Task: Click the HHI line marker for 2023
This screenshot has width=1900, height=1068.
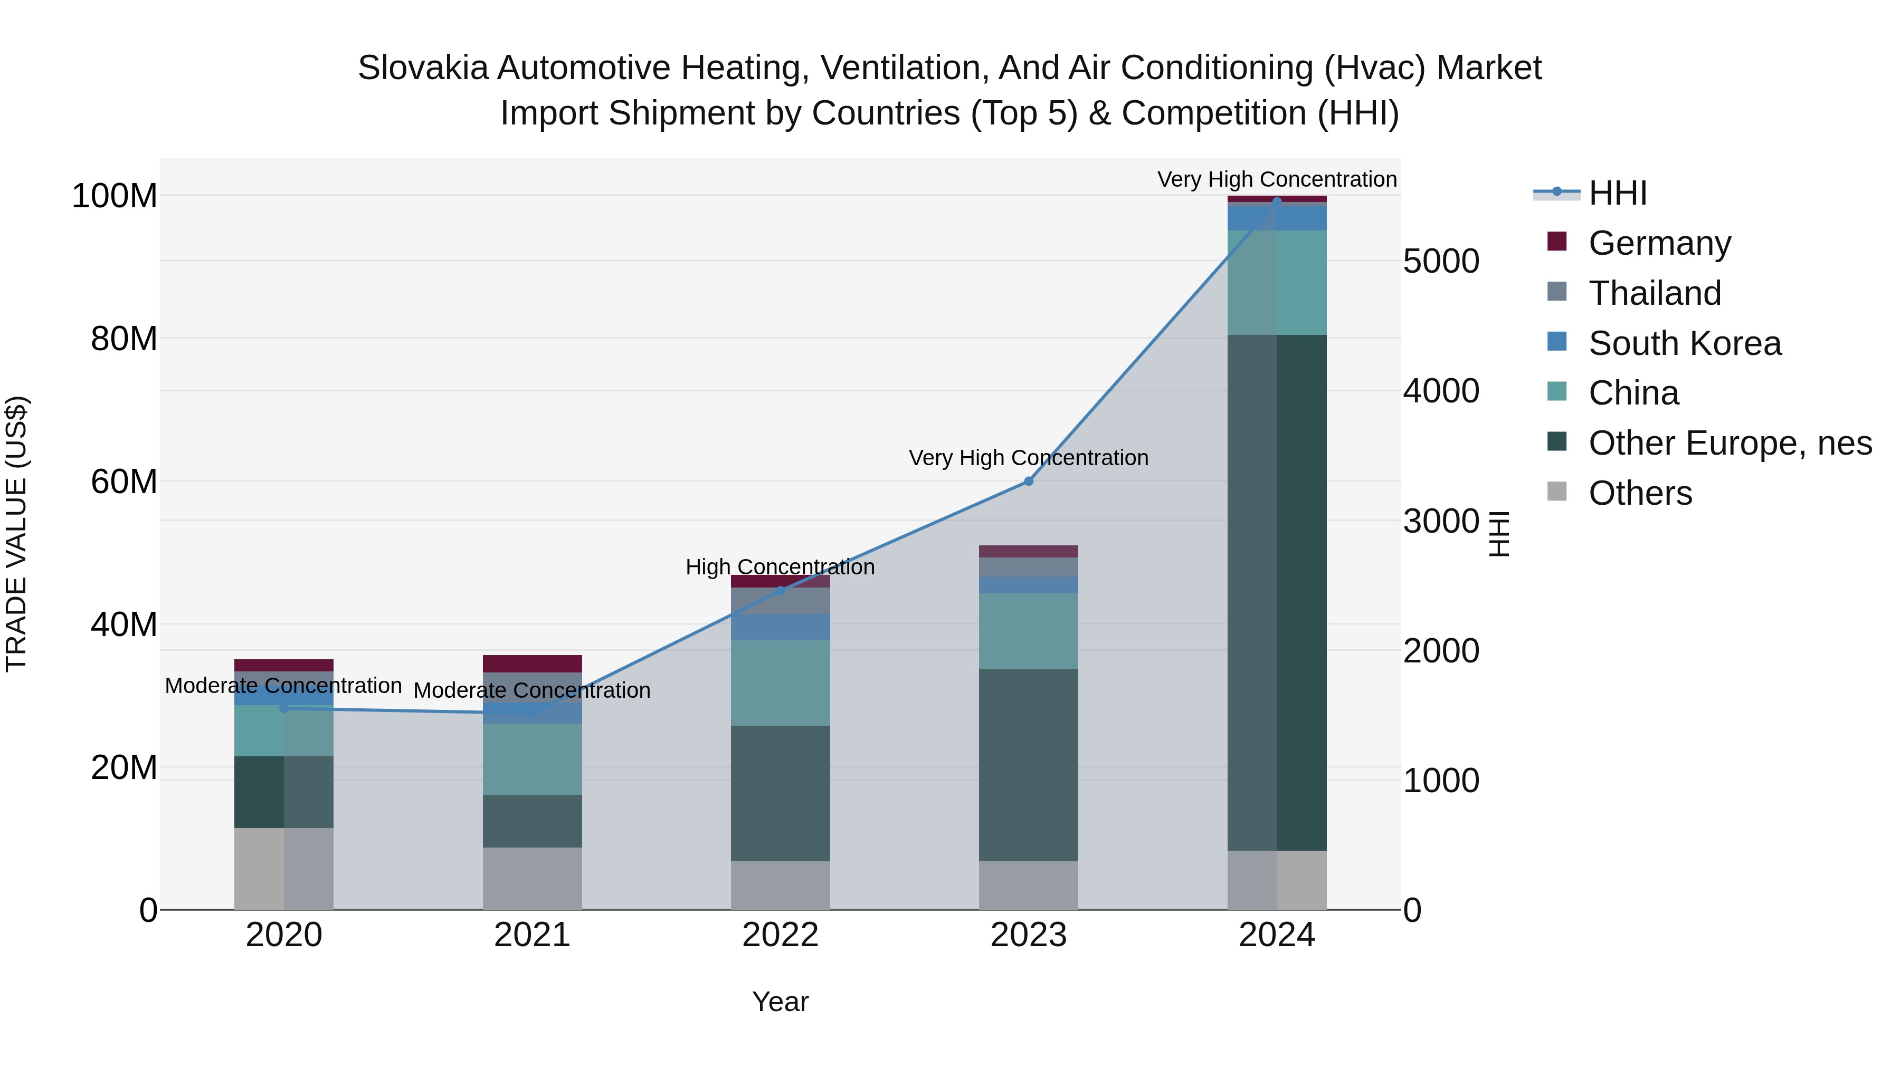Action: tap(1028, 482)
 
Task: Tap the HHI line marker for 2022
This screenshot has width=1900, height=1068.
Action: tap(781, 590)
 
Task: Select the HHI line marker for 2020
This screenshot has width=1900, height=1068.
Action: tap(284, 708)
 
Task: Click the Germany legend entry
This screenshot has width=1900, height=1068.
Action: tap(1659, 243)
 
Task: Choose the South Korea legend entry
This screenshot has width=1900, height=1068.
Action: tap(1684, 343)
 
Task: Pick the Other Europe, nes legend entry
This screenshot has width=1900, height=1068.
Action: tap(1729, 443)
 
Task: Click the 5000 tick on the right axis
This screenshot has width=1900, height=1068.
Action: tap(1440, 261)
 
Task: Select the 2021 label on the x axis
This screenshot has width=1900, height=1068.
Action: tap(532, 935)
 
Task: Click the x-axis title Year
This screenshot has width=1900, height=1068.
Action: tap(781, 1002)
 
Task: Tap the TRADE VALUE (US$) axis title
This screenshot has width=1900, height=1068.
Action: tap(16, 534)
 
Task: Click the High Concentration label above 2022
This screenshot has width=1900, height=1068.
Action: tap(781, 567)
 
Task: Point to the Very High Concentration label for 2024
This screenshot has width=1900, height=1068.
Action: tap(1277, 179)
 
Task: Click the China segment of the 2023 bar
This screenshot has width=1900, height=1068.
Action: tap(1028, 631)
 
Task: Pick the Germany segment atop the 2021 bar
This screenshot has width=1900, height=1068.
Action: tap(532, 663)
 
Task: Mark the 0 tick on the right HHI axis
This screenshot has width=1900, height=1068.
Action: tap(1412, 910)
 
